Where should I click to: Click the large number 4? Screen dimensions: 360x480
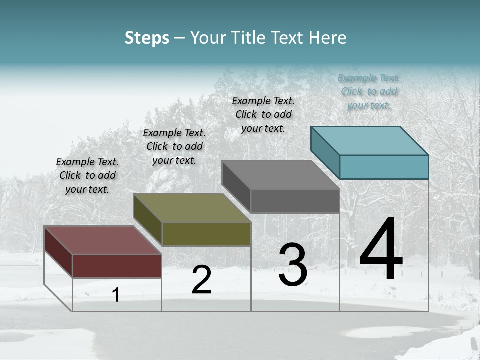point(381,250)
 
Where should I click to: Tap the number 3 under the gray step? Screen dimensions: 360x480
point(293,265)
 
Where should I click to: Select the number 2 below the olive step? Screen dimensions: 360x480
point(201,280)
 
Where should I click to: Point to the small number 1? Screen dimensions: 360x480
point(116,295)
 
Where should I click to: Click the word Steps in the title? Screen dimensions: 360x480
point(147,38)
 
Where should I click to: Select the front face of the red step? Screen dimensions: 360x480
point(117,266)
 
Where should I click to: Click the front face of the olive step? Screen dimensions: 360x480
point(206,234)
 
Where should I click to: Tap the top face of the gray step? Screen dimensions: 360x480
point(280,175)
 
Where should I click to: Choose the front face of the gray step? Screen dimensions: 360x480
point(295,201)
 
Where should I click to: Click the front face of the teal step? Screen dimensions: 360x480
point(384,167)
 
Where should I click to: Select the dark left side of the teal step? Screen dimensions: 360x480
point(325,150)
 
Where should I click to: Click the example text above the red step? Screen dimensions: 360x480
point(87,175)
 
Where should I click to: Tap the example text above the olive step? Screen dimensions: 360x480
point(174,146)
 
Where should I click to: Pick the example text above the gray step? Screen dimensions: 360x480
point(263,114)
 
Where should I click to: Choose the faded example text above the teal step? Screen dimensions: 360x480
point(369,91)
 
